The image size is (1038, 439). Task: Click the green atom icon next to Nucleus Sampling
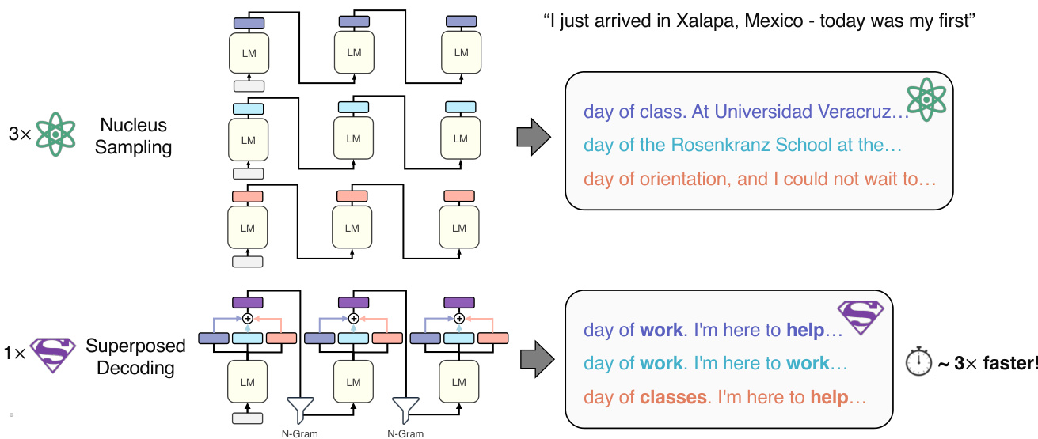54,134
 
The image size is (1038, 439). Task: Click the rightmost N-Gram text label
405,433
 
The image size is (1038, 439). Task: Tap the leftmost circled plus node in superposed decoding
247,318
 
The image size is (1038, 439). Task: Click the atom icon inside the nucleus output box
926,100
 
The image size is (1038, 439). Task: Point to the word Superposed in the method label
135,346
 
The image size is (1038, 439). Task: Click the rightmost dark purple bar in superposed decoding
458,302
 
